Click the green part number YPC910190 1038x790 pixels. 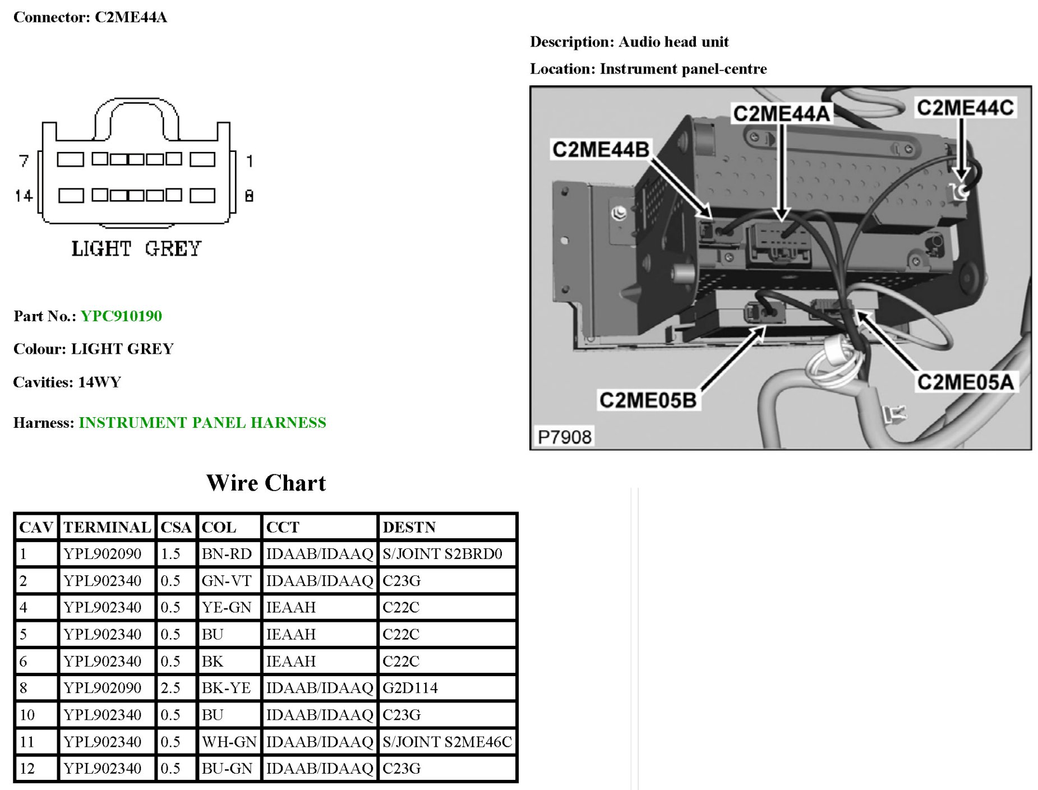click(121, 316)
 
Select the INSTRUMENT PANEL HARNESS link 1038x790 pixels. click(202, 422)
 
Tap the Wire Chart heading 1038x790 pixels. click(266, 483)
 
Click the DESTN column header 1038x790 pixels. click(409, 527)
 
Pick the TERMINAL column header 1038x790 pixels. click(107, 527)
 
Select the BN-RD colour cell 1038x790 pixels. click(227, 554)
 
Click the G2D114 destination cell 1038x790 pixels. click(410, 688)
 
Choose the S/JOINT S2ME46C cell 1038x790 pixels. click(447, 742)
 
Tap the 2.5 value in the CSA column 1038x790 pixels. click(170, 688)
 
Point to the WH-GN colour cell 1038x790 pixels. click(229, 742)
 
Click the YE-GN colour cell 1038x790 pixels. click(227, 607)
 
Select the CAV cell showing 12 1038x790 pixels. click(27, 768)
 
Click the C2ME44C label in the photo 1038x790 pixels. click(965, 108)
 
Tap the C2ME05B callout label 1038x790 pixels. click(648, 400)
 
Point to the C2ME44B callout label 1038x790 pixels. click(601, 150)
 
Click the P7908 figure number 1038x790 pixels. click(564, 437)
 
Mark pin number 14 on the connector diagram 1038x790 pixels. click(24, 196)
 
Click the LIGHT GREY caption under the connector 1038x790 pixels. click(136, 248)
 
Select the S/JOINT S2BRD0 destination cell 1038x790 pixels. click(442, 554)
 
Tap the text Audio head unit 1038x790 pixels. click(673, 42)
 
